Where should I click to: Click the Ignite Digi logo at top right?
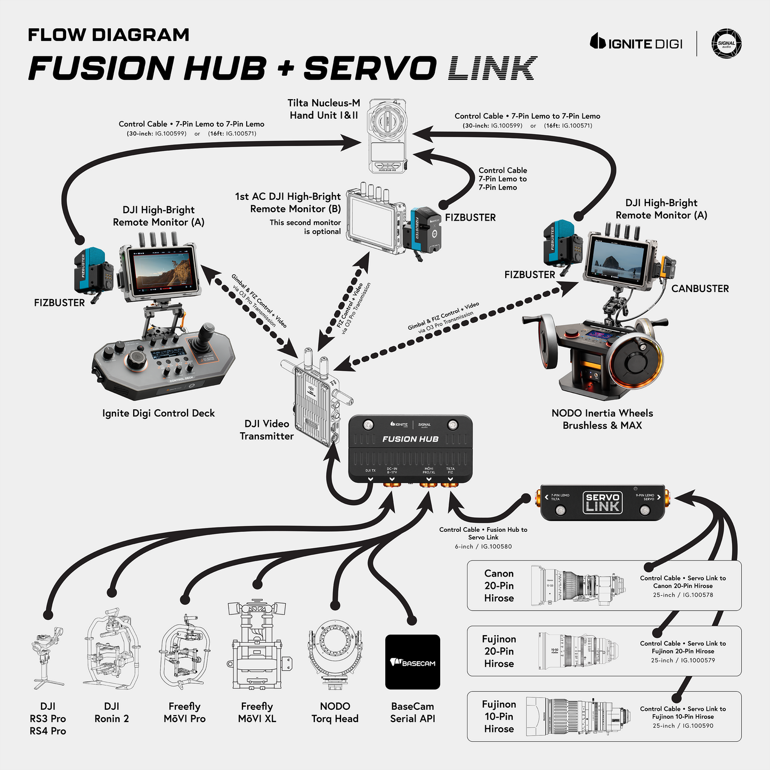point(636,43)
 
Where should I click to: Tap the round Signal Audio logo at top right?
point(726,43)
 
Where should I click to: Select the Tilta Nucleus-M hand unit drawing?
point(387,135)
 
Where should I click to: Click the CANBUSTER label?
point(700,289)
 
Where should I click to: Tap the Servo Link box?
point(602,502)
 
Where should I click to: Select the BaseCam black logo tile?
point(412,662)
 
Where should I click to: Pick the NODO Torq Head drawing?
point(335,652)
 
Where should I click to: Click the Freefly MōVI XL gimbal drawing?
point(258,647)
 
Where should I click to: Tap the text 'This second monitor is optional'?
point(305,227)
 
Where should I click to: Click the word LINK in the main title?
point(491,68)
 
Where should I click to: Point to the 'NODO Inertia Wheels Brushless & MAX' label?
point(602,419)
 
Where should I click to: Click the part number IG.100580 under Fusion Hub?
point(496,547)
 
